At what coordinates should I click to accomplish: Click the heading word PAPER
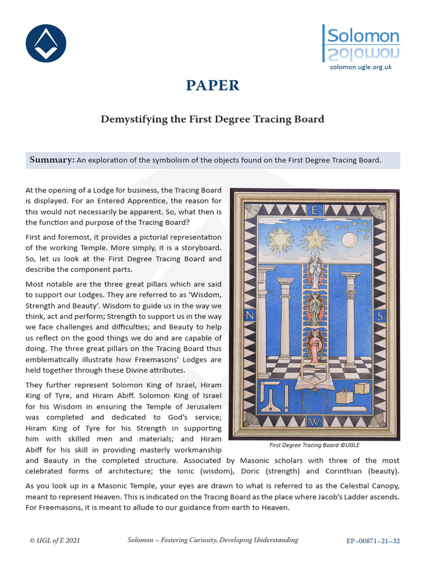pos(213,85)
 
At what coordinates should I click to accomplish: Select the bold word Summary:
pos(52,160)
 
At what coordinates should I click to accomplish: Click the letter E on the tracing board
pos(315,211)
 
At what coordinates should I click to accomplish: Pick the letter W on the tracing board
pos(315,422)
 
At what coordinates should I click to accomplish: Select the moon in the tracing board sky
pos(349,240)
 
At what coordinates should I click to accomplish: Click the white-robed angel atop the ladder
pos(315,272)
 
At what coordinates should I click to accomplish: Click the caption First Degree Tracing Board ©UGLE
pos(314,445)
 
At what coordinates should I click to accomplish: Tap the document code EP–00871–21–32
pos(373,540)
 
